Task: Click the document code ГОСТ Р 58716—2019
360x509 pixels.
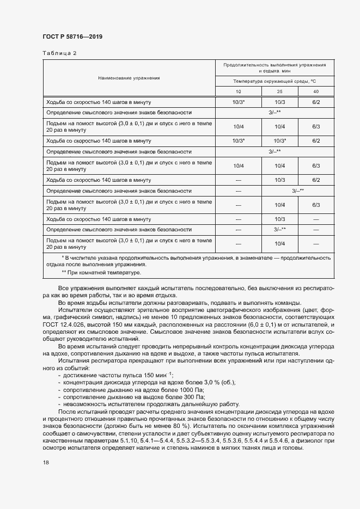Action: coord(72,36)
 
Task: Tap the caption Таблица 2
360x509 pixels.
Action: coord(59,53)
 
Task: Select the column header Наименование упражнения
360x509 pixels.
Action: coord(129,78)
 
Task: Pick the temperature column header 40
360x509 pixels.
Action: coord(315,91)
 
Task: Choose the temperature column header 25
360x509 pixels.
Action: coord(279,91)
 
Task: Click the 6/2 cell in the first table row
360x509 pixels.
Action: coord(315,102)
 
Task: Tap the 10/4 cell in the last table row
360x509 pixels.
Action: coord(279,243)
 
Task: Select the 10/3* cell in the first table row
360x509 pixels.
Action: coord(239,102)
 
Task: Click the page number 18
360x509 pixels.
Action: coord(46,462)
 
